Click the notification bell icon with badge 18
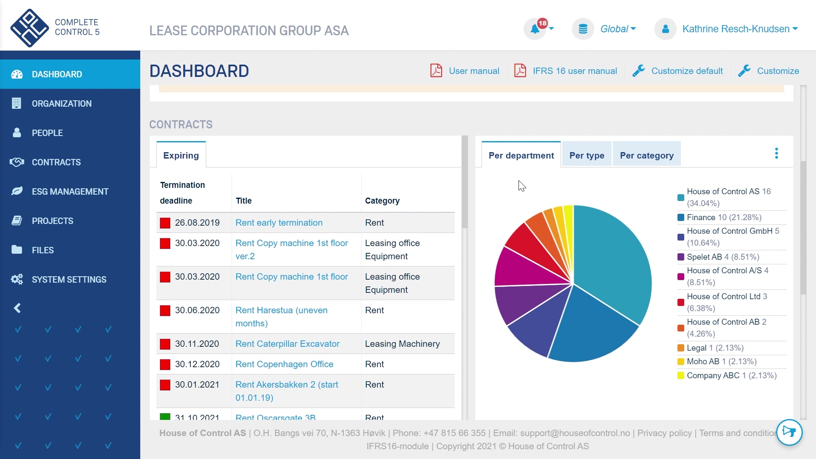pyautogui.click(x=535, y=29)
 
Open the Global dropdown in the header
pyautogui.click(x=618, y=29)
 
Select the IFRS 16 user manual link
pyautogui.click(x=574, y=71)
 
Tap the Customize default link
pyautogui.click(x=686, y=71)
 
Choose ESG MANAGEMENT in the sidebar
pyautogui.click(x=70, y=192)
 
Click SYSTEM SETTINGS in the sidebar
pyautogui.click(x=69, y=280)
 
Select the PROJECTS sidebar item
pyautogui.click(x=52, y=221)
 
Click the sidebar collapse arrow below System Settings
pyautogui.click(x=17, y=308)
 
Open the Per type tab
pyautogui.click(x=586, y=156)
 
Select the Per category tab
pyautogui.click(x=646, y=156)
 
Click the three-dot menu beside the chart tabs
pyautogui.click(x=776, y=153)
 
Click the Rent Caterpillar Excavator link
pyautogui.click(x=287, y=344)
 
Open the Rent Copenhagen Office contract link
pyautogui.click(x=284, y=364)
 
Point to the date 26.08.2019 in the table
pyautogui.click(x=197, y=223)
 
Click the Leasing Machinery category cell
pyautogui.click(x=402, y=344)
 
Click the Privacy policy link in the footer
pyautogui.click(x=664, y=433)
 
